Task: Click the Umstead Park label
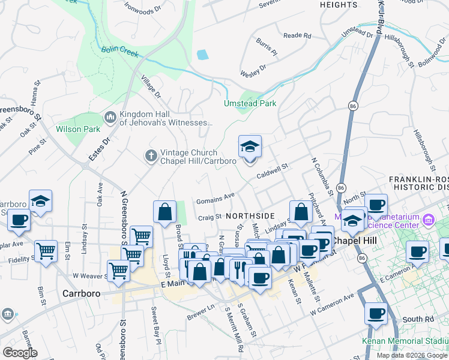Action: pyautogui.click(x=250, y=103)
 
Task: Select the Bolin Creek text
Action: pyautogui.click(x=119, y=53)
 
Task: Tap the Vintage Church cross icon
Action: pyautogui.click(x=151, y=156)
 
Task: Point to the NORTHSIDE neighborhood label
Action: pyautogui.click(x=250, y=215)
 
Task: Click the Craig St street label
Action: pyautogui.click(x=209, y=218)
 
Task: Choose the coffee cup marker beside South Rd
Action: pyautogui.click(x=376, y=314)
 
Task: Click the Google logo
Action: pyautogui.click(x=20, y=353)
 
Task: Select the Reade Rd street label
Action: pyautogui.click(x=297, y=36)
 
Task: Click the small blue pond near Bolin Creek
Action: pyautogui.click(x=202, y=55)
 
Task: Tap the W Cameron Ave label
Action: pyautogui.click(x=333, y=305)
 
